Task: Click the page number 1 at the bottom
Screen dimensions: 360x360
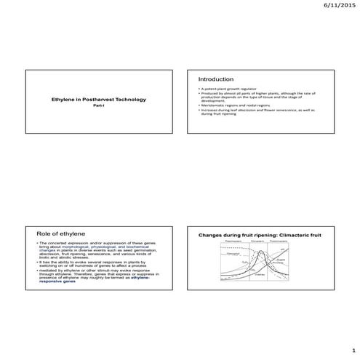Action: coord(350,349)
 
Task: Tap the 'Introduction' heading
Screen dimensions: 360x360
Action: coord(216,79)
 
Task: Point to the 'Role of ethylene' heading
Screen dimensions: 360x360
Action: coord(56,232)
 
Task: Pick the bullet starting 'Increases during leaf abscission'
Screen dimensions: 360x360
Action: coord(258,112)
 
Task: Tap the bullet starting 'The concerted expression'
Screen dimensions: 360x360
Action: coord(99,248)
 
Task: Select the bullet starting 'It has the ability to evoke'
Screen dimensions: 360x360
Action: coord(99,262)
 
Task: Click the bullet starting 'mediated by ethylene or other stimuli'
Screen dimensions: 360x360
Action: coord(99,273)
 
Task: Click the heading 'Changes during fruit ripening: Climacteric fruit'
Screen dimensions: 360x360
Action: coord(260,236)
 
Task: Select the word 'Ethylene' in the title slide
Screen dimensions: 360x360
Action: coord(63,99)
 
